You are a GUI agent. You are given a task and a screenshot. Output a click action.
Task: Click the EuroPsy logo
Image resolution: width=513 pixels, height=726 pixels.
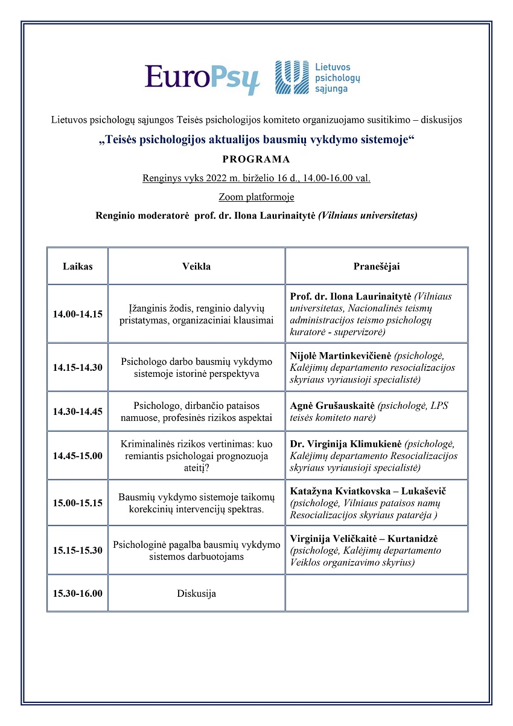point(202,79)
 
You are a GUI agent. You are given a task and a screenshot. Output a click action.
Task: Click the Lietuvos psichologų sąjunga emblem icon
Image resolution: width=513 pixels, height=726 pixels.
point(291,78)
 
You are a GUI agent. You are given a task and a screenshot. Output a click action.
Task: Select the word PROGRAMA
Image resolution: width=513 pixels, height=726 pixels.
point(256,159)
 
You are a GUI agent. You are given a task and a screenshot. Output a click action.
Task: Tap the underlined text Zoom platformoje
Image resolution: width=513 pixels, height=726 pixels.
point(256,197)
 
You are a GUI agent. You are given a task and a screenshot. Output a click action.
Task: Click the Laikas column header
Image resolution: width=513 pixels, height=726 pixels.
point(77,266)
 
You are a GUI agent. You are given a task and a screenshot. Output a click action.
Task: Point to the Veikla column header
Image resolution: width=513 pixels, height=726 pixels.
point(196,266)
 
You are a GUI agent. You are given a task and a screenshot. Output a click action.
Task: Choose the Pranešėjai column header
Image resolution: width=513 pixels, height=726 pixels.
point(376,266)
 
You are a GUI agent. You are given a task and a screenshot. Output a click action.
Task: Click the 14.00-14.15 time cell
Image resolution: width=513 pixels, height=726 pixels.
point(77,314)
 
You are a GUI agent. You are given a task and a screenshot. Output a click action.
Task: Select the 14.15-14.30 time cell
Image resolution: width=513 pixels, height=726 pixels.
point(77,367)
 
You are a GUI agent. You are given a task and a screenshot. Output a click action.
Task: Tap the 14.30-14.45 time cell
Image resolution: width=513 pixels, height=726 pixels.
point(77,412)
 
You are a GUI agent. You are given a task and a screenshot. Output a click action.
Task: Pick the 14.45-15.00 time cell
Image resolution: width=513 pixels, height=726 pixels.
point(77,456)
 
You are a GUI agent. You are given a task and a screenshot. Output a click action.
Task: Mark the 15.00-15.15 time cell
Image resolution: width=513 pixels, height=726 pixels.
point(77,503)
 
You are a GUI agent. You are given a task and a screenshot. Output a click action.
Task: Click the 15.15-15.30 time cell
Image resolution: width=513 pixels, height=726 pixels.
point(77,550)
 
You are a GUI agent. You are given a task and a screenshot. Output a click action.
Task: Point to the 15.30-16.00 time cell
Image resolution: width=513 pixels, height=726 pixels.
point(77,593)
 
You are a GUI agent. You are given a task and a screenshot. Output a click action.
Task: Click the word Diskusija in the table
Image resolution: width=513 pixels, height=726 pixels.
point(196,594)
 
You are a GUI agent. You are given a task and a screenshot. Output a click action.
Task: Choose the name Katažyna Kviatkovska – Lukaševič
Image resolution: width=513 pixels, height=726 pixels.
point(368,491)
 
